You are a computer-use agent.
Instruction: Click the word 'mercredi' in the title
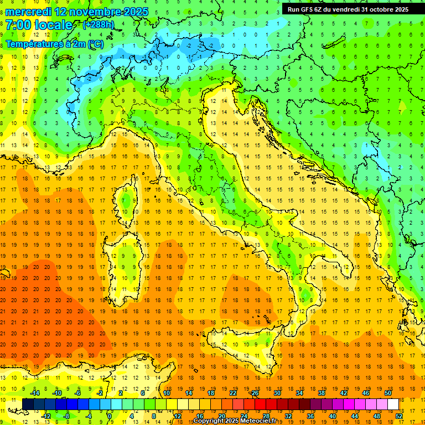pos(29,12)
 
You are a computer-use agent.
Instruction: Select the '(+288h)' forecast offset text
pos(99,25)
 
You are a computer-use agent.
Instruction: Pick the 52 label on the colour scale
pos(398,416)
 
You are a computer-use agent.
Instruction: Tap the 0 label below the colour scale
pos(110,416)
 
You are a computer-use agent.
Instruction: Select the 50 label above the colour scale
pos(387,392)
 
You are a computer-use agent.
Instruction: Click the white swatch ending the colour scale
pos(393,404)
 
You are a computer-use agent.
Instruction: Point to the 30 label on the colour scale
pos(277,392)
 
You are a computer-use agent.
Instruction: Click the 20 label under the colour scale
pos(222,416)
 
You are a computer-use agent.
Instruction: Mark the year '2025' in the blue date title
pos(127,12)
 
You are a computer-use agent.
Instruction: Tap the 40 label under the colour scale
pos(332,416)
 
